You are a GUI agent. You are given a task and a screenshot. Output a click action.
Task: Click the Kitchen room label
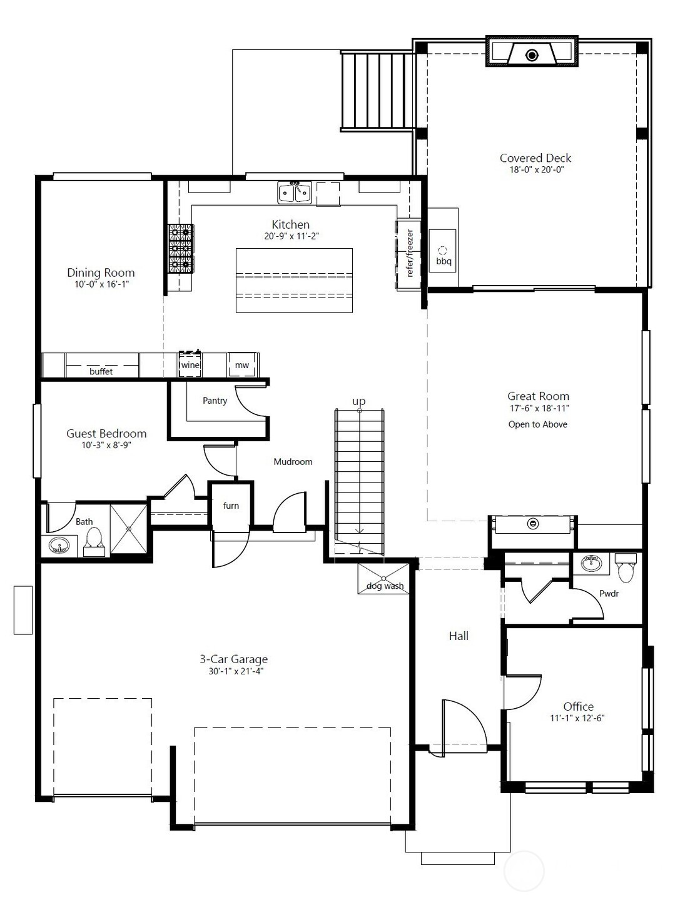(290, 224)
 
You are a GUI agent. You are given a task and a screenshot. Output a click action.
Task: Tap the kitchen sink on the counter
(295, 192)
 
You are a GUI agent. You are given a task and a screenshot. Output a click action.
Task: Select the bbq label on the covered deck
(444, 261)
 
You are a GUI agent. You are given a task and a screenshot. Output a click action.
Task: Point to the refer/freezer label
(410, 253)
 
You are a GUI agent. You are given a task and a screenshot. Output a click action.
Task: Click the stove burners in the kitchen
(180, 249)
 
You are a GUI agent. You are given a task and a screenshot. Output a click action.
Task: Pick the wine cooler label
(190, 365)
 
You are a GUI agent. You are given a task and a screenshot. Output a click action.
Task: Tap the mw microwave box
(241, 365)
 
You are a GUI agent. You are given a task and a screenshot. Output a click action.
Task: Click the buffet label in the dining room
(101, 371)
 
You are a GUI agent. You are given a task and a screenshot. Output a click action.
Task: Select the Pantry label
(215, 401)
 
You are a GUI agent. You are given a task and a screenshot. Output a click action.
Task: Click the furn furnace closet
(231, 506)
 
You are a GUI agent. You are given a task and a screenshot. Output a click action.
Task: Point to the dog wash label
(385, 586)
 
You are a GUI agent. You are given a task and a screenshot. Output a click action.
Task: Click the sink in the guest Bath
(59, 546)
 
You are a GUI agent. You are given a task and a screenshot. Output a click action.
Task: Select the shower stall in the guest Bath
(129, 529)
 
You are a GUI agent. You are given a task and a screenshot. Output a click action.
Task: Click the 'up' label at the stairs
(358, 401)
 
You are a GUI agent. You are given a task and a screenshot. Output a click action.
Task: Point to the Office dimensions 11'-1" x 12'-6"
(577, 719)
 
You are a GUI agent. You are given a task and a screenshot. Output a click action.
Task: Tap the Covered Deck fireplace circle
(532, 55)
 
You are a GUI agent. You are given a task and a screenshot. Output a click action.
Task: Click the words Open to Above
(537, 424)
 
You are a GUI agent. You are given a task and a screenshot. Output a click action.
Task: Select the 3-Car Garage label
(233, 659)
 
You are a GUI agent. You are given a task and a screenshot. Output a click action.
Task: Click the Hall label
(459, 636)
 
